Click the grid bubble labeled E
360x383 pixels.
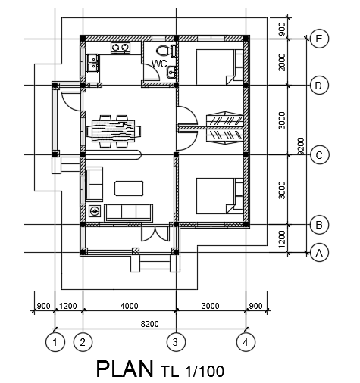[319, 38]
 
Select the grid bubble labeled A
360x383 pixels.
[319, 254]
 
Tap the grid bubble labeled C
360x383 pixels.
[319, 155]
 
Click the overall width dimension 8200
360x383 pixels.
[149, 324]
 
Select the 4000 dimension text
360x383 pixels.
[129, 306]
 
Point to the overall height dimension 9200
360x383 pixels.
[301, 145]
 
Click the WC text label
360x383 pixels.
[159, 64]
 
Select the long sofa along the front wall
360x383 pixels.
[129, 212]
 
